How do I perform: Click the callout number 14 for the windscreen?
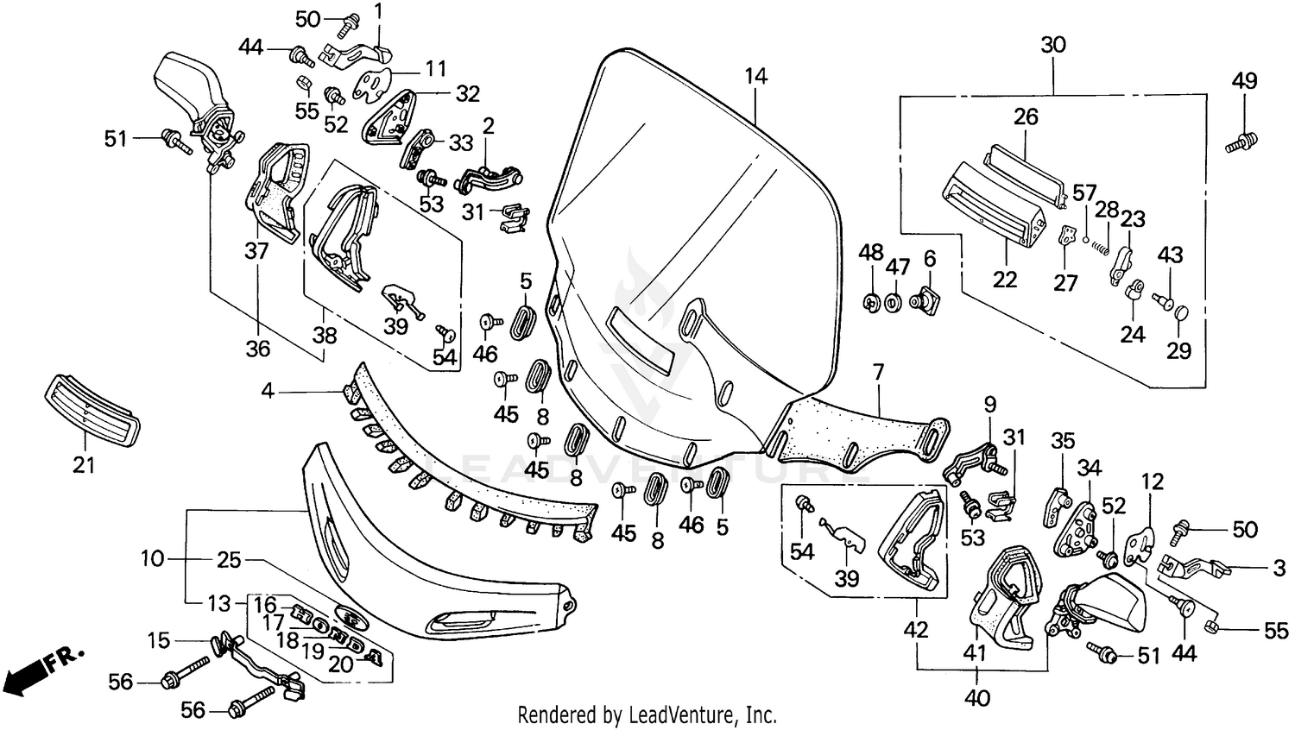[755, 76]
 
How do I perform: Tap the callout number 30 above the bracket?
[1053, 45]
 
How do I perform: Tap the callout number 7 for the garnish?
[878, 373]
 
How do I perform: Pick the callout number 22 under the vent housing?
[1005, 280]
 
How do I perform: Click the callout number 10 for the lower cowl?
[152, 558]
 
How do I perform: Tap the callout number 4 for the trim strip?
[268, 392]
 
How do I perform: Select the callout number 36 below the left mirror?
[257, 349]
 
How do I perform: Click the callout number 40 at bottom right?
[977, 696]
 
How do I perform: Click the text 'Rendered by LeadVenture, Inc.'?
[647, 714]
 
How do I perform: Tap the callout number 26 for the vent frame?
[1026, 116]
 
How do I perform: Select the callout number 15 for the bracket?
[158, 640]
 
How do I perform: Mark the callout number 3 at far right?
[1279, 568]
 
